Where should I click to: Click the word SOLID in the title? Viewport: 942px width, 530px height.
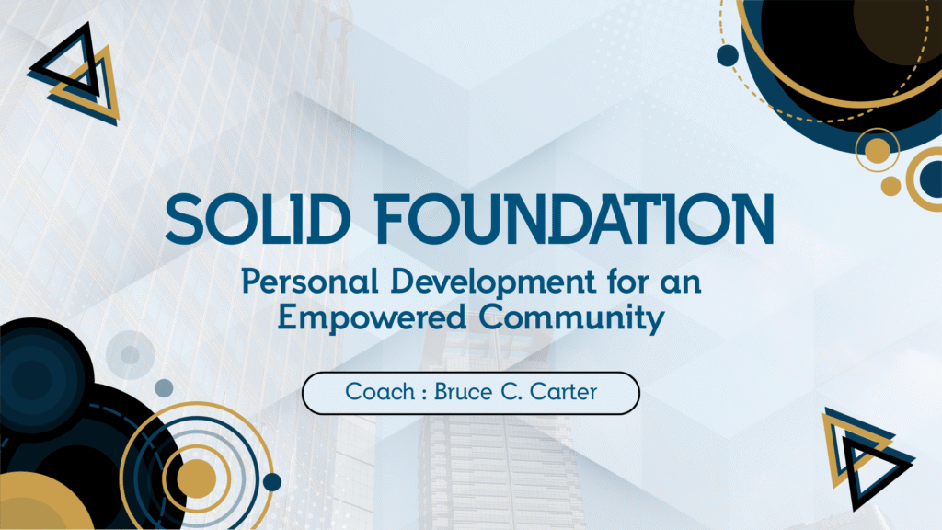(258, 219)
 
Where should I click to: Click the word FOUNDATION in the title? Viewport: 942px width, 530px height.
(574, 219)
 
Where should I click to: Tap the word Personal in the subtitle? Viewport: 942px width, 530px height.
(310, 282)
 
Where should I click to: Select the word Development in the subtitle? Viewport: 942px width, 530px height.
(493, 282)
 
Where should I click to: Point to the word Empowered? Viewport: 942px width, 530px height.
(372, 317)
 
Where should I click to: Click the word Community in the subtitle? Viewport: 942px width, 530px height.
(571, 318)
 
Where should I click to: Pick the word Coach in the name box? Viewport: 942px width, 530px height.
(380, 392)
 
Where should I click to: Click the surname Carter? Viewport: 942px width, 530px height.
(564, 392)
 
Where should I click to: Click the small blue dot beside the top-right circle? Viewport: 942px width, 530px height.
(728, 55)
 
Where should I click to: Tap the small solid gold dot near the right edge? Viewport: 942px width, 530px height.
(890, 186)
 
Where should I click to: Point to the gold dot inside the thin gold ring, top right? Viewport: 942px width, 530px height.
(877, 150)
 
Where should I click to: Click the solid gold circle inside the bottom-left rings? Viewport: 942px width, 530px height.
(197, 478)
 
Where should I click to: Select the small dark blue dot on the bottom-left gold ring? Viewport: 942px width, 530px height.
(272, 481)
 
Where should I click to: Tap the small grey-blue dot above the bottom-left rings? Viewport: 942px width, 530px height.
(164, 387)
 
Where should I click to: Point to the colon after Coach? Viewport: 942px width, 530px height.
(424, 393)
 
